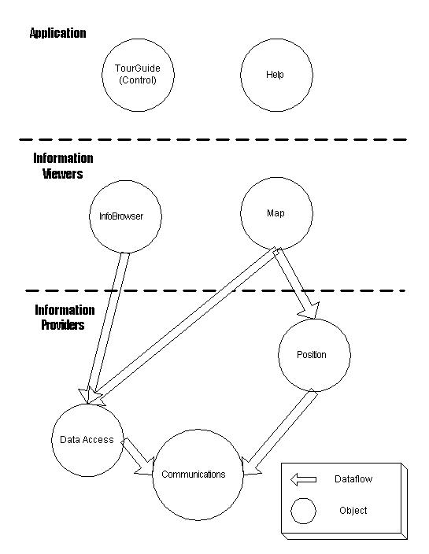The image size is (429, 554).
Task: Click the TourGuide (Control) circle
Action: (138, 74)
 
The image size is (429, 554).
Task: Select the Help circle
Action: (275, 75)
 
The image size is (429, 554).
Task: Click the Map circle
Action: (276, 213)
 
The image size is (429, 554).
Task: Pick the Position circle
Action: (312, 355)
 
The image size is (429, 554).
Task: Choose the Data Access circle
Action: (87, 440)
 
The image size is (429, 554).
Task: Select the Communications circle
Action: (194, 475)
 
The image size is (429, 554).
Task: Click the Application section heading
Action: (57, 33)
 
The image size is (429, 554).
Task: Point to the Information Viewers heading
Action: (63, 166)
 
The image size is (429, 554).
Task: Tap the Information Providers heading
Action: (64, 317)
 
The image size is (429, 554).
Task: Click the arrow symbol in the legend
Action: (303, 479)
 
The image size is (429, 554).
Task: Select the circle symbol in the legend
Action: (304, 511)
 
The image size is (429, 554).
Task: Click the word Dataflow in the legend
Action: (353, 479)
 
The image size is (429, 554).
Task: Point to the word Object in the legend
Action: (353, 511)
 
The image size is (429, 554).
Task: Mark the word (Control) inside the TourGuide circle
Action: (138, 80)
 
